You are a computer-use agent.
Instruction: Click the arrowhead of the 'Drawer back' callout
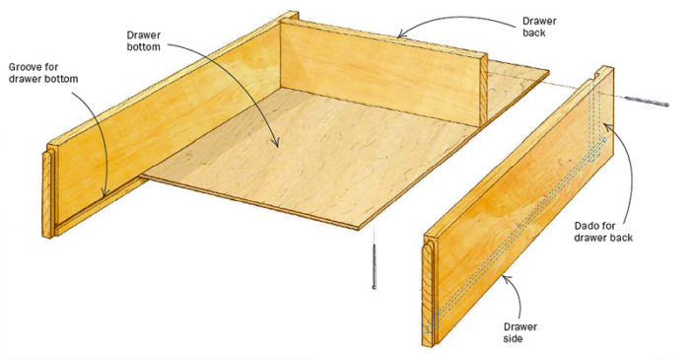[397, 36]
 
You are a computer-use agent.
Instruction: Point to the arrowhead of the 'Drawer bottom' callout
[279, 148]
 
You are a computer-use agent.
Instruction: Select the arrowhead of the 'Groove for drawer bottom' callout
[103, 198]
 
